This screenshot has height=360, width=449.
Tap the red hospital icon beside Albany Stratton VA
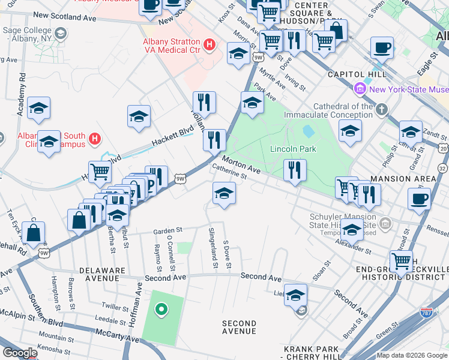tap(209, 44)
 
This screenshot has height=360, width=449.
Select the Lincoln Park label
tap(293, 149)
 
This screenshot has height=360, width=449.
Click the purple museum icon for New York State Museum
tap(360, 89)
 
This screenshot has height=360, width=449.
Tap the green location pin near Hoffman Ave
tap(160, 310)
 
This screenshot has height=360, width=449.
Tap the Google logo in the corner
tap(20, 353)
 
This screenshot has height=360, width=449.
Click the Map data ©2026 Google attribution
tap(412, 355)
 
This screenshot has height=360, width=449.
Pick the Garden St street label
tap(167, 230)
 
